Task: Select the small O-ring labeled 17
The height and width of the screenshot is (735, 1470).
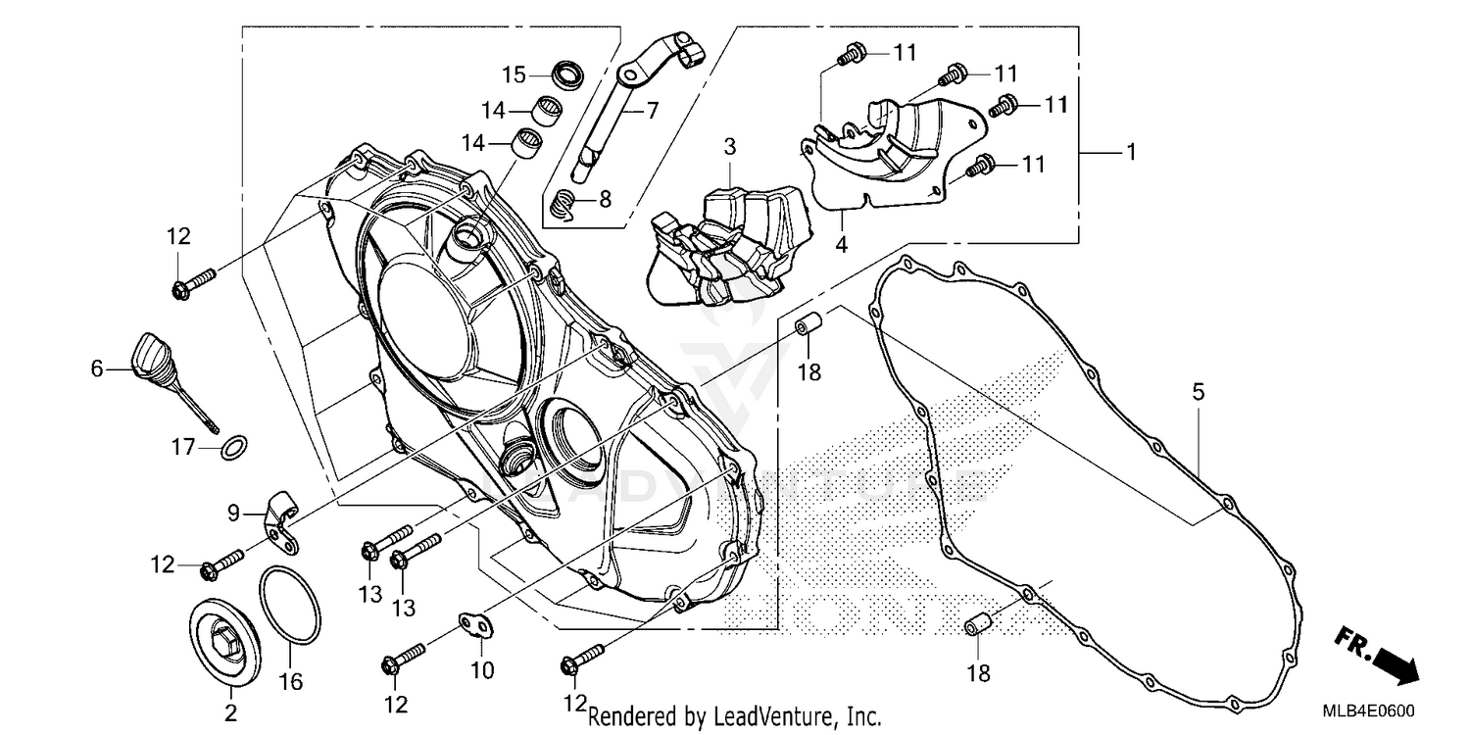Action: click(x=233, y=449)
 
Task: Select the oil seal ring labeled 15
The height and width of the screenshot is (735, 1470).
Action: click(x=566, y=73)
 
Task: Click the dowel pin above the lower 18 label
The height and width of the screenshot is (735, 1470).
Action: click(x=976, y=623)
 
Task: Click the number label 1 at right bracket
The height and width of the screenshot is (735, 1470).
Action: click(x=1130, y=154)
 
